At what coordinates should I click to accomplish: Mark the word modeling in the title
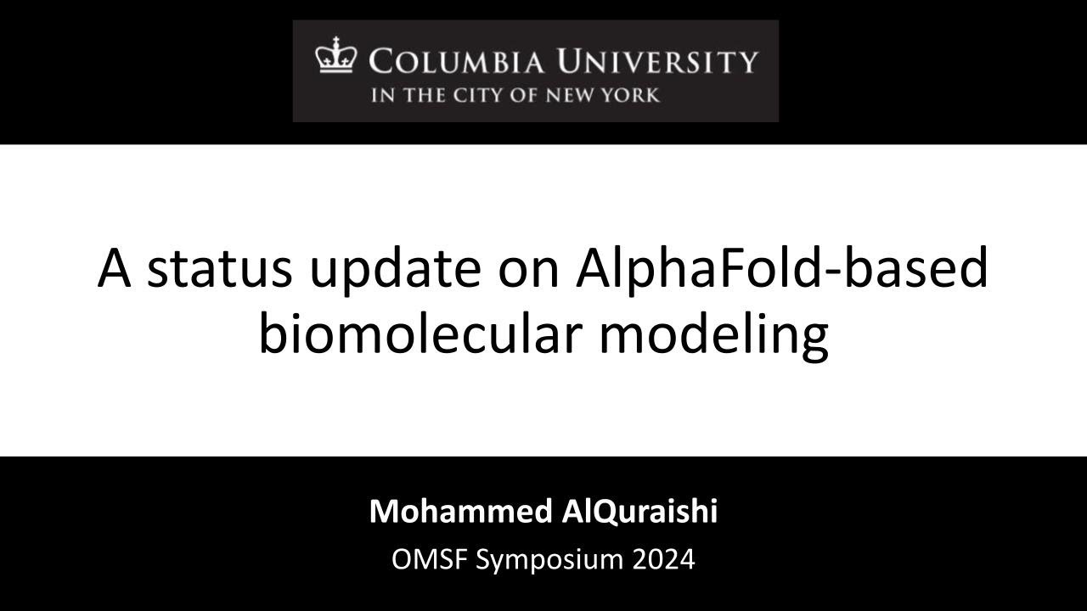(x=713, y=336)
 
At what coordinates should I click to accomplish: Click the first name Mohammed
(x=459, y=512)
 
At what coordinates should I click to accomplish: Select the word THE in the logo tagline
(x=416, y=94)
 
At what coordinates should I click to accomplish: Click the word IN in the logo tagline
(x=381, y=94)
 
